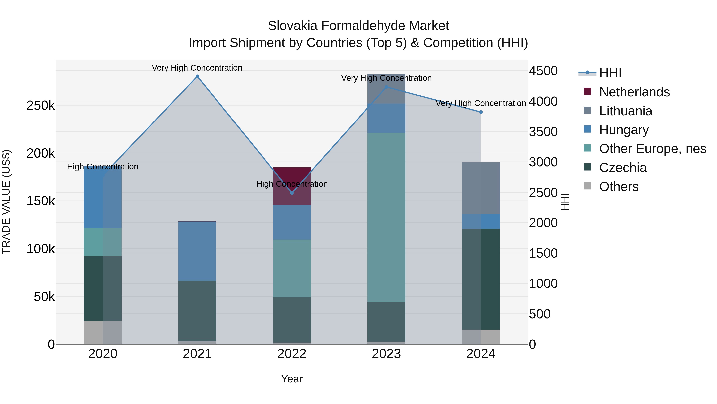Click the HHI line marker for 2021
(x=197, y=76)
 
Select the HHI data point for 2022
(x=292, y=193)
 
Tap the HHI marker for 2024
(x=481, y=112)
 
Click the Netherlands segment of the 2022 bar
(x=292, y=178)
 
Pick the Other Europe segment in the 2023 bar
(x=386, y=217)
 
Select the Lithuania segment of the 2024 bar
(x=481, y=188)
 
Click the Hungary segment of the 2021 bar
(x=197, y=251)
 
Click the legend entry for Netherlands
(x=634, y=92)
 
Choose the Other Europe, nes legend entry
(x=653, y=149)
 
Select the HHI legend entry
(x=610, y=73)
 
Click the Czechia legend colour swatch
(x=587, y=167)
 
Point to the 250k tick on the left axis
(x=41, y=106)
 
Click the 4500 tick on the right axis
(x=543, y=71)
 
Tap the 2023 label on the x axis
(x=386, y=354)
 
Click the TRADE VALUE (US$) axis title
(x=6, y=202)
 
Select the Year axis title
(x=292, y=379)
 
